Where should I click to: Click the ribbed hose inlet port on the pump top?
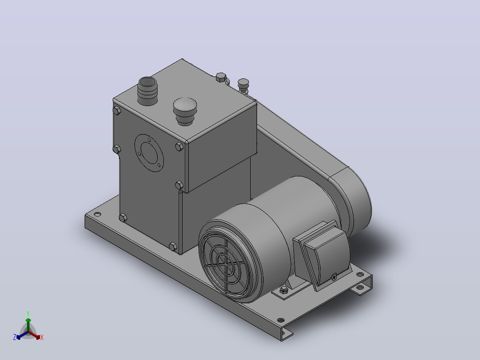147,91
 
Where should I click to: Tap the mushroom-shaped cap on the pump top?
185,111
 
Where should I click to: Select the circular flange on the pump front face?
149,153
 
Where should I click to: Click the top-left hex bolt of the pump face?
117,110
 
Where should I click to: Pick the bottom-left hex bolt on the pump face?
123,218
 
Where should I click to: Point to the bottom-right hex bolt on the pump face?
173,246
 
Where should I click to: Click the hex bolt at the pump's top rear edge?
221,77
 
